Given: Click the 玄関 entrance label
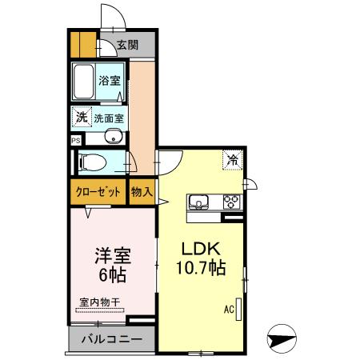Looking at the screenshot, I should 126,45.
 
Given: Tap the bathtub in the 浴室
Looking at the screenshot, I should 83,82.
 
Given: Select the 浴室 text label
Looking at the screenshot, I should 110,81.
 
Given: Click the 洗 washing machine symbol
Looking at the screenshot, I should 81,118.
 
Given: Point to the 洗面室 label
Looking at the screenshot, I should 109,118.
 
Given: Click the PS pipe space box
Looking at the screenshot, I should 75,139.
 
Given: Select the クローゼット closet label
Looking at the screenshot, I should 98,192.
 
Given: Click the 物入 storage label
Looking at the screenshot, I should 142,192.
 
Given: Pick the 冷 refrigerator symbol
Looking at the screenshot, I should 232,160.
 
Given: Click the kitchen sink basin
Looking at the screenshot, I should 198,201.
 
